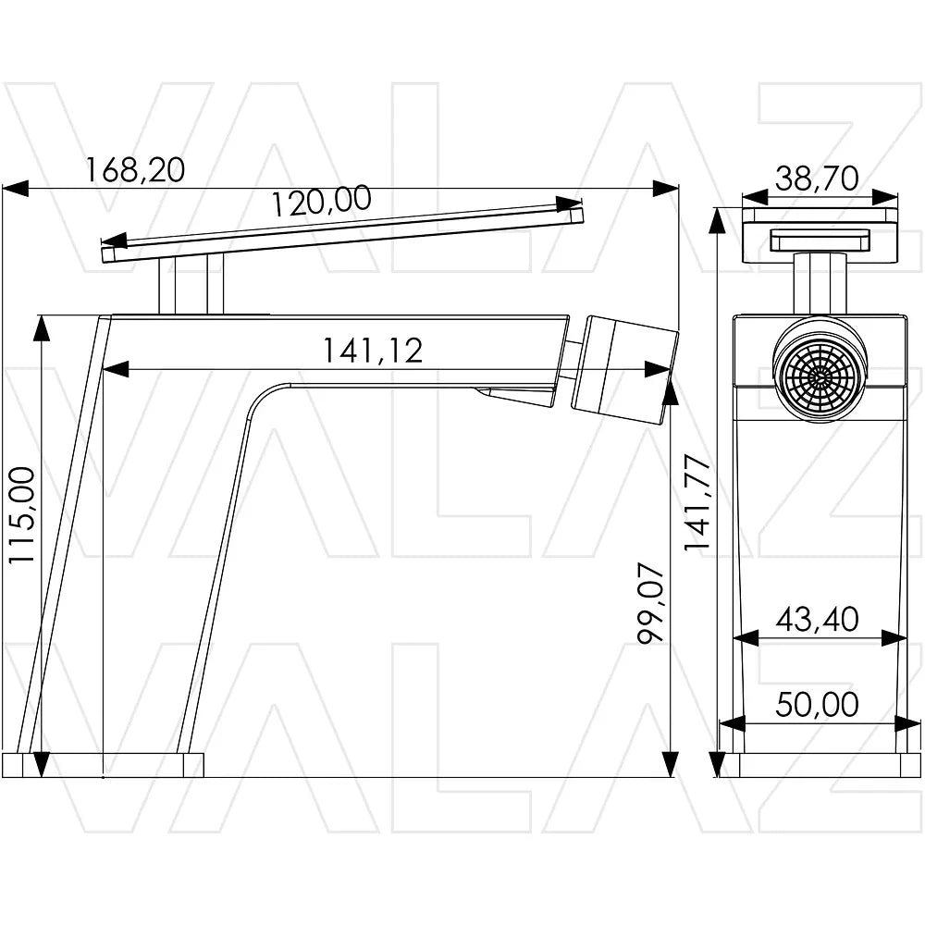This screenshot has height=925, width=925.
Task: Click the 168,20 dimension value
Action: point(135,169)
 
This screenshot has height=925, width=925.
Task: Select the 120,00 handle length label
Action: point(322,201)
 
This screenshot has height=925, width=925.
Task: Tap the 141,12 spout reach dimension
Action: point(373,351)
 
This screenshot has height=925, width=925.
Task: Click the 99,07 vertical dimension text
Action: point(652,602)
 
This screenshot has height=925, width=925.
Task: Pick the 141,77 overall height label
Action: point(697,502)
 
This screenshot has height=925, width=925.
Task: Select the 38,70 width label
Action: point(817,179)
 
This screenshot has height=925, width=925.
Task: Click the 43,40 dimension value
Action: point(817,620)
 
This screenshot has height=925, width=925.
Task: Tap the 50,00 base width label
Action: point(817,704)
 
